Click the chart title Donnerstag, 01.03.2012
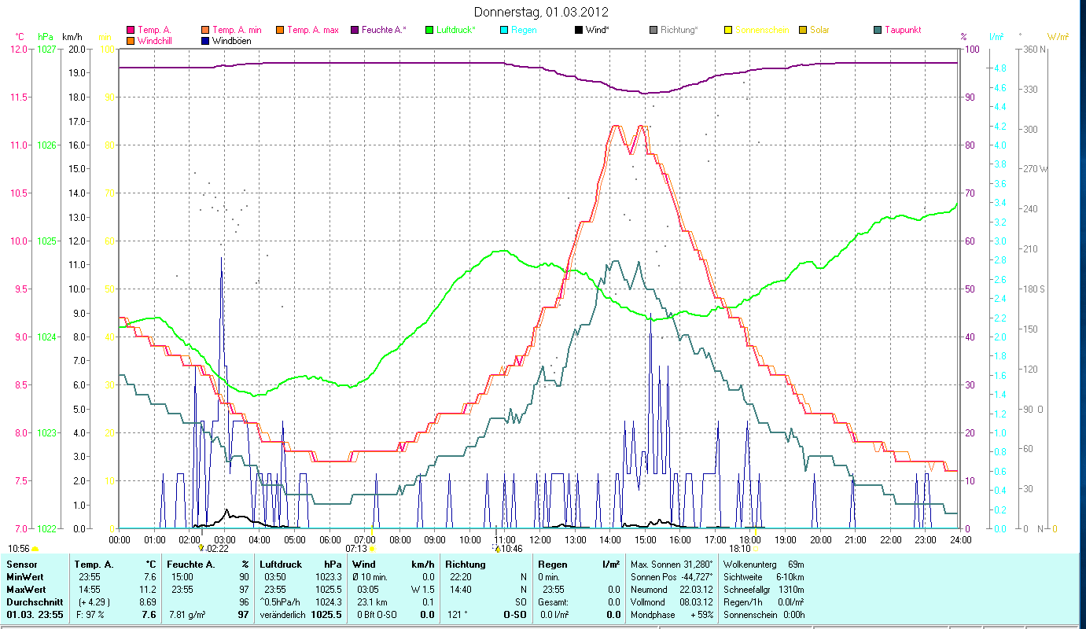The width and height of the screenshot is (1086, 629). point(542,13)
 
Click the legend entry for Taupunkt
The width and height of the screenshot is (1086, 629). point(902,30)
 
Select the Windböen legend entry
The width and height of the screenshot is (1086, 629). point(231,40)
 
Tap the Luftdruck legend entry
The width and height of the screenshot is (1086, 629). point(456,30)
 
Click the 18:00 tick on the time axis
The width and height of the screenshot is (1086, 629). point(751,539)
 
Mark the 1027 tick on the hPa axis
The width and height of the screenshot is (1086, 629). point(47,49)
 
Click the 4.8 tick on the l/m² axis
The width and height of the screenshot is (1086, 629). point(999,68)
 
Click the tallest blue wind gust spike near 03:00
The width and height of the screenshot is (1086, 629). point(222,259)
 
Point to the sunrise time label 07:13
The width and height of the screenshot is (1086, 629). point(356,549)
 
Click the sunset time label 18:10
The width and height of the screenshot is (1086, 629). point(739,549)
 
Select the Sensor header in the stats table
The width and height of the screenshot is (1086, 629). point(22,565)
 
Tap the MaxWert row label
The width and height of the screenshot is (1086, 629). point(25,589)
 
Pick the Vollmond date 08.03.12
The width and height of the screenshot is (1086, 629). point(696,601)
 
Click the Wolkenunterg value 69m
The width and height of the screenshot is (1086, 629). point(795,565)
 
